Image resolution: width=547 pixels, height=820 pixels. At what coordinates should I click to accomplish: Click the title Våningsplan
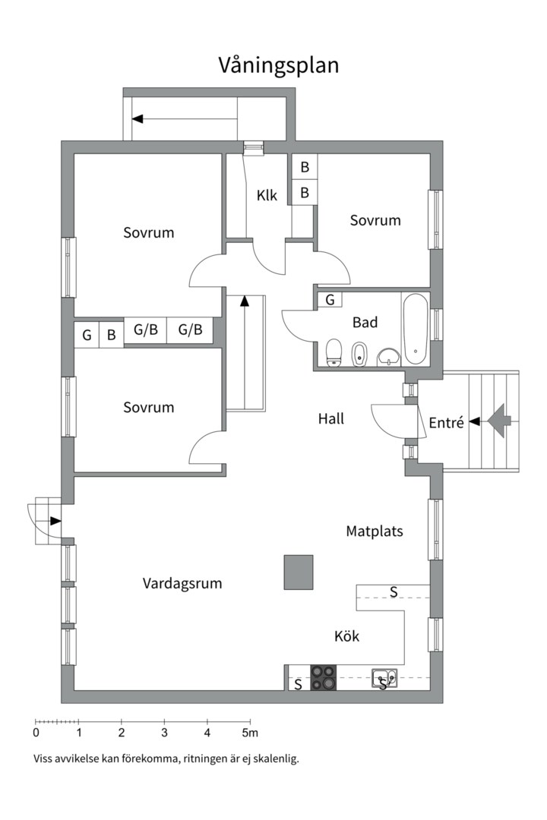coord(279,65)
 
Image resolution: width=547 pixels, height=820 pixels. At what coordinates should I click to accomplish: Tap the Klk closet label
coord(267,196)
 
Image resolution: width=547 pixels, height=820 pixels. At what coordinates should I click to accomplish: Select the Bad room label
coord(365,323)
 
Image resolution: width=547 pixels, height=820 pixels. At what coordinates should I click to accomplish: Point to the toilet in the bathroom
coord(334,352)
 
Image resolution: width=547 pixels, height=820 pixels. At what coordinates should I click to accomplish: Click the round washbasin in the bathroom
coord(389,355)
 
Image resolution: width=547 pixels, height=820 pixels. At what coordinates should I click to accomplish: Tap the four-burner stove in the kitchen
coord(324,677)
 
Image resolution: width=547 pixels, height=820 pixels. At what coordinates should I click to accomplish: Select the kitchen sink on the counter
coord(383,677)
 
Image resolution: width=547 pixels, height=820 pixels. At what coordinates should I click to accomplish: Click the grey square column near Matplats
coord(299,572)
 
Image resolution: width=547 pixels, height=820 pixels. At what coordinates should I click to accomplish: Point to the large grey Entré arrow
coord(500,420)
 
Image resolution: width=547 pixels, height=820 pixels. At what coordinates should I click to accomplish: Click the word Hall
coord(331,418)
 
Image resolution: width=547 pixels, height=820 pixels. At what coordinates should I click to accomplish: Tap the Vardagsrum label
coord(182,583)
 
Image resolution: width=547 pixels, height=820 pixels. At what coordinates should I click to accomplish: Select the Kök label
coord(346,636)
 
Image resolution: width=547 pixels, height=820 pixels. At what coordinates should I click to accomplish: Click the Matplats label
coord(375,531)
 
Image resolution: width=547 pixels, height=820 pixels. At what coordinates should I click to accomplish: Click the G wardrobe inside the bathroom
coord(329,300)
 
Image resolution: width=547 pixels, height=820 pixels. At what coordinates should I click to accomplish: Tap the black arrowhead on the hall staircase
coord(244,301)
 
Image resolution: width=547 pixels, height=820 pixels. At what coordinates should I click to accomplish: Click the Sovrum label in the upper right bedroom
coord(375,220)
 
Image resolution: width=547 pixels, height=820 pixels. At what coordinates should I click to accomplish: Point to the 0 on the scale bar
coord(36,733)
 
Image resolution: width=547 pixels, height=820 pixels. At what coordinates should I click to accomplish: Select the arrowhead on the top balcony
coord(138,118)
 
